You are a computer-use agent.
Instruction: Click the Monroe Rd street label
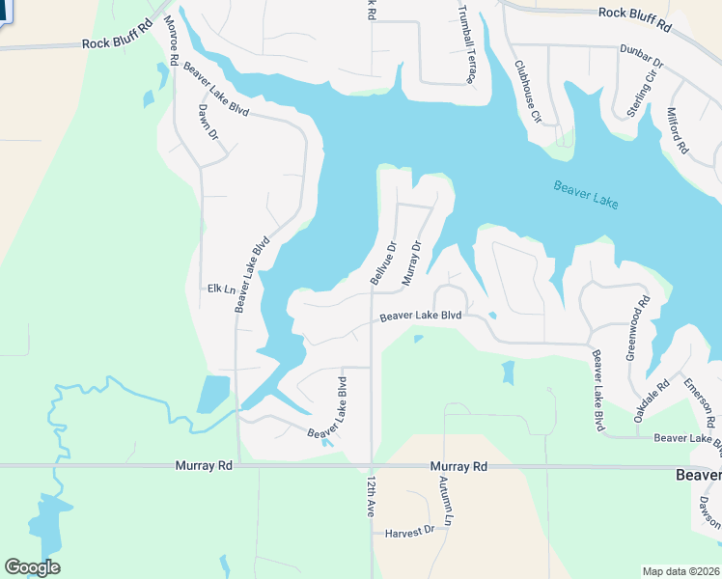(171, 41)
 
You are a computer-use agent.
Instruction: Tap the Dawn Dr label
(207, 122)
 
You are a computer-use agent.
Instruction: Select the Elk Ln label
(221, 289)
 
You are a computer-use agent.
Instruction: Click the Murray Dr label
(411, 262)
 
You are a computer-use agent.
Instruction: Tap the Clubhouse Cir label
(527, 92)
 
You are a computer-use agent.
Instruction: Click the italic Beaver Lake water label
(586, 194)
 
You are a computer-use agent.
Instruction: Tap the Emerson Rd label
(700, 401)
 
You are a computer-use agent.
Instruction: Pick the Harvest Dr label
(409, 533)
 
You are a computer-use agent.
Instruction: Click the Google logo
(32, 567)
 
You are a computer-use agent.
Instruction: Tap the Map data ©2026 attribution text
(680, 571)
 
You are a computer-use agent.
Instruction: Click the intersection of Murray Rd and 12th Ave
(372, 466)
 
